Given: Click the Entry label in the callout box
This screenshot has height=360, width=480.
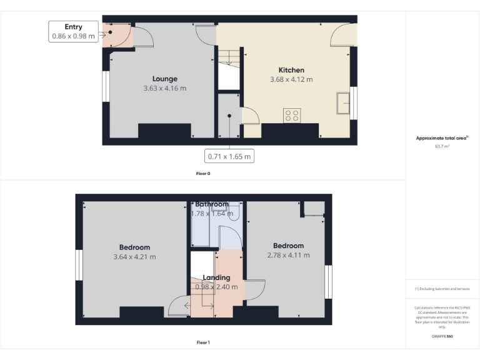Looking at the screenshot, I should point(74,27).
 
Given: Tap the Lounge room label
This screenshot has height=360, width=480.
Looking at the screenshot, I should point(165,79).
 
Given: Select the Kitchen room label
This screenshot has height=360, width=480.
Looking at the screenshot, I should point(291,70).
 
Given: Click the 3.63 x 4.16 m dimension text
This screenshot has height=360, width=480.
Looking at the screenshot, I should point(165,88).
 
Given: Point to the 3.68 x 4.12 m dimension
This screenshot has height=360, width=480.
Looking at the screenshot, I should point(291,79).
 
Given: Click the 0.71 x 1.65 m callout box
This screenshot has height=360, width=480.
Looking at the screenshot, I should point(229,156).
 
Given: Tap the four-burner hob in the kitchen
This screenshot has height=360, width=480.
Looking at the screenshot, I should point(292,115).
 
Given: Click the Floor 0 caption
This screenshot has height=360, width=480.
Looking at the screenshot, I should point(203,173).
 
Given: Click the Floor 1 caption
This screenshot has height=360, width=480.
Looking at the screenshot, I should point(203,342).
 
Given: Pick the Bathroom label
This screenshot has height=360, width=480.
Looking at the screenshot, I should point(212,204).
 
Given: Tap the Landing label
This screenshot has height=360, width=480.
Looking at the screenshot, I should point(216,277).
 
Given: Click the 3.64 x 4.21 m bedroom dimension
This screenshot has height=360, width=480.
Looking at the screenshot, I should point(135,256).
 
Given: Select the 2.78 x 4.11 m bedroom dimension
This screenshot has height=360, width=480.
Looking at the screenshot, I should point(288,255).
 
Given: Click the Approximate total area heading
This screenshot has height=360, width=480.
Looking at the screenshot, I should point(442,138).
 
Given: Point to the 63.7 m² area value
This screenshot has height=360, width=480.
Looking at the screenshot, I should point(442,146).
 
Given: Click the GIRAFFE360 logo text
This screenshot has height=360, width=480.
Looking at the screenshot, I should point(442,336).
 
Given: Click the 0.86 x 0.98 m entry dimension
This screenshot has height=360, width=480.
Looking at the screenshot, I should point(74,36).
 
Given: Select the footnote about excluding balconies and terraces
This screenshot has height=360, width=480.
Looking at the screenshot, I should point(442,289).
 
